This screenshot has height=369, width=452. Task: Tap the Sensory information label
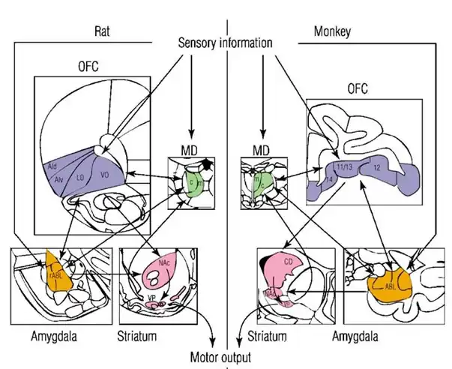point(225,43)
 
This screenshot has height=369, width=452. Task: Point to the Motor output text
point(221,358)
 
